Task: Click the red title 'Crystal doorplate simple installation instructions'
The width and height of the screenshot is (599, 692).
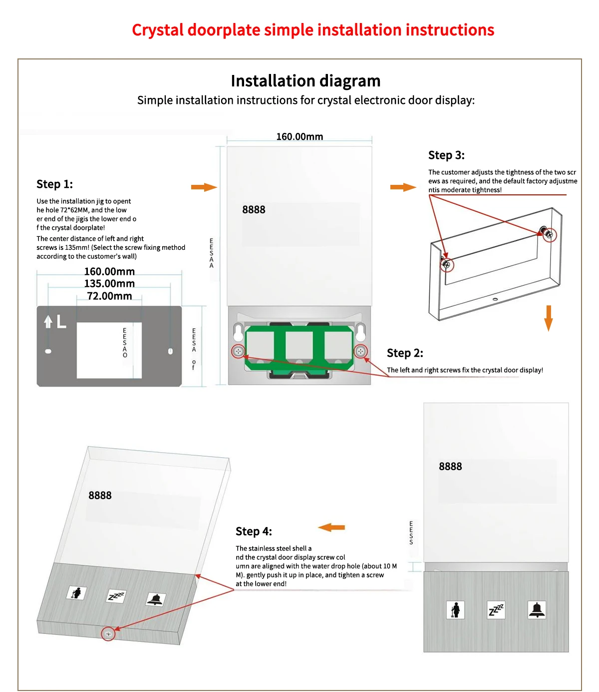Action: [313, 30]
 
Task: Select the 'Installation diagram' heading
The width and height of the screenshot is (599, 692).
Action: [305, 81]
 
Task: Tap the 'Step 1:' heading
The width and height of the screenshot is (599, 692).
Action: [54, 184]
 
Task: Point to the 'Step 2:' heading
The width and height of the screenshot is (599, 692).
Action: [405, 353]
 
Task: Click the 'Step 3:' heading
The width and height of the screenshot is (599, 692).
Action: [446, 155]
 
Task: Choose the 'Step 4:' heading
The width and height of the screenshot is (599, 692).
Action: [254, 532]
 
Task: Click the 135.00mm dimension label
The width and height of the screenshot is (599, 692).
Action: [109, 284]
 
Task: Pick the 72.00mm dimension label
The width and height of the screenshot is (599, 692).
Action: [109, 296]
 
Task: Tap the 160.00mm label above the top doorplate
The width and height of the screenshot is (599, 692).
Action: [299, 137]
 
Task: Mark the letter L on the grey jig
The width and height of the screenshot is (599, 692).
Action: [61, 322]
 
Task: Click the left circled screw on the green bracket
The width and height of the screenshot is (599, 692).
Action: [239, 351]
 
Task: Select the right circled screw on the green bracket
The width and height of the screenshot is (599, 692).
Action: [360, 351]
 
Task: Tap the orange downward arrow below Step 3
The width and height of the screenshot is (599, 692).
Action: [549, 318]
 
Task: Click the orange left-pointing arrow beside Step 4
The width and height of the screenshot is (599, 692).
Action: [331, 528]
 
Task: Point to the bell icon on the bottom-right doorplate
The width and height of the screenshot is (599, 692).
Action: [537, 610]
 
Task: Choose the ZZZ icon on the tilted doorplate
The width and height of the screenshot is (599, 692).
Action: [116, 596]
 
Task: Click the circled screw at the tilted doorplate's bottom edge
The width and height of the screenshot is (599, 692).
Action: [108, 634]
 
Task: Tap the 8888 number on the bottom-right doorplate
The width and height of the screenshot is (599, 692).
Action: [450, 467]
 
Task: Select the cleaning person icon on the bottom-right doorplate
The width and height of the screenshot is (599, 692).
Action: [455, 610]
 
